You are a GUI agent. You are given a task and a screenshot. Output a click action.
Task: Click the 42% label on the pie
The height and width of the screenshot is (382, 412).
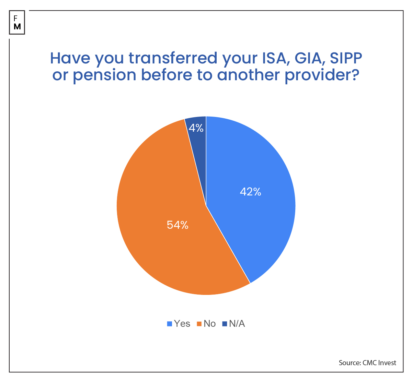[251, 192]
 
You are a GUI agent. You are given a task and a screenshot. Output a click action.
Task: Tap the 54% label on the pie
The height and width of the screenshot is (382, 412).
[178, 225]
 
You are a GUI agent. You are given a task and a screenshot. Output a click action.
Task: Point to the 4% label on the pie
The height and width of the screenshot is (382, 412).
[196, 128]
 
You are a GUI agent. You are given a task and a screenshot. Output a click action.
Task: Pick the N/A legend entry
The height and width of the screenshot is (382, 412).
[237, 323]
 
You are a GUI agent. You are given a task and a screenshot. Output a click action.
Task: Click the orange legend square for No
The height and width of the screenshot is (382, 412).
[199, 324]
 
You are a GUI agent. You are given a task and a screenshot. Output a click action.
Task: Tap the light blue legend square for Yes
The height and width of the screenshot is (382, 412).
[170, 324]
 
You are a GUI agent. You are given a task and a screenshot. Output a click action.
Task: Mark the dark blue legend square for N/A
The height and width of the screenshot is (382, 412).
[225, 324]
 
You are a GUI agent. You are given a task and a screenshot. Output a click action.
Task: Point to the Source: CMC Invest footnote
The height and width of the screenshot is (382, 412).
[367, 363]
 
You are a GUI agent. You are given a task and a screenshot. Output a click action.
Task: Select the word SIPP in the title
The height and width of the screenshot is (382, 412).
[346, 58]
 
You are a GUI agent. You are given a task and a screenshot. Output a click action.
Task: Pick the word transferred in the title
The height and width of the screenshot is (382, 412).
[173, 58]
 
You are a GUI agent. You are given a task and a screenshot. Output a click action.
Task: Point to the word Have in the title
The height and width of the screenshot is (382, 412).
[70, 58]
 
